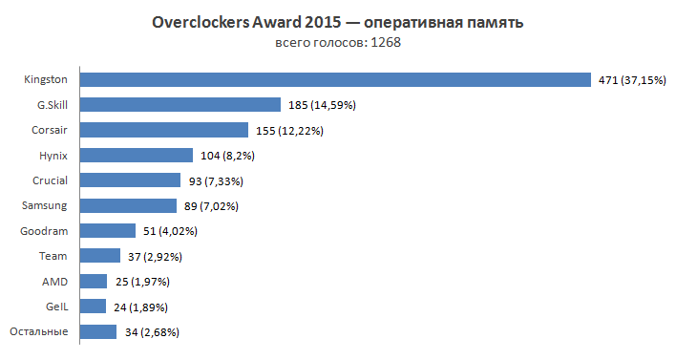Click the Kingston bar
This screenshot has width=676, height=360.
click(x=334, y=79)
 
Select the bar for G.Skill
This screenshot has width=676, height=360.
click(x=180, y=104)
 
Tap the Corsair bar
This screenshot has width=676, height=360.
click(x=163, y=130)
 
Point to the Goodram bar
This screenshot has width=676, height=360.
click(x=107, y=230)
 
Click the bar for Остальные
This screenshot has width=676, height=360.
click(x=98, y=331)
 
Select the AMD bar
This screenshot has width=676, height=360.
click(x=94, y=281)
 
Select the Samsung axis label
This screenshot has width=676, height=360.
click(x=45, y=205)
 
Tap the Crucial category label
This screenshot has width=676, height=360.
click(x=50, y=180)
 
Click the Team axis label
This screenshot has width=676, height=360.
click(x=53, y=256)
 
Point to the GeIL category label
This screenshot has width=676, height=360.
click(x=56, y=307)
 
